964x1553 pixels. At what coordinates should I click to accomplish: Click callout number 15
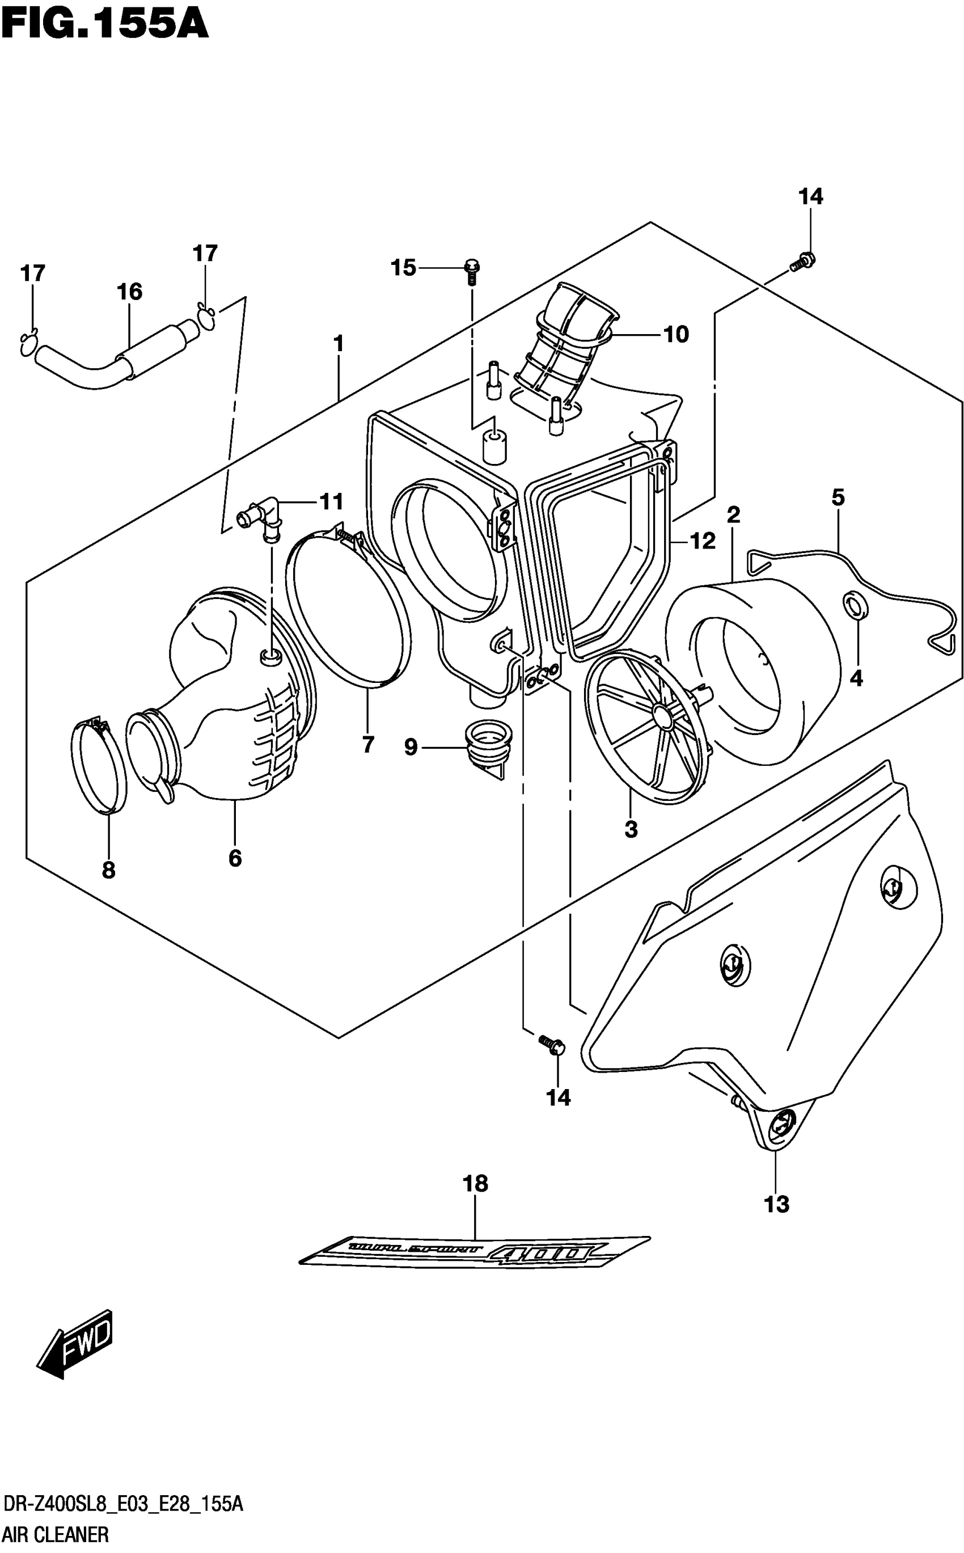click(403, 268)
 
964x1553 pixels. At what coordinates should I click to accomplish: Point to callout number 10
click(676, 334)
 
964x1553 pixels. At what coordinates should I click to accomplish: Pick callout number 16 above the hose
click(129, 292)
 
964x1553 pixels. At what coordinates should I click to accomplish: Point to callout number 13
click(776, 1204)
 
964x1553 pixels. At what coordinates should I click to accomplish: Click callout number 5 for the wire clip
click(838, 497)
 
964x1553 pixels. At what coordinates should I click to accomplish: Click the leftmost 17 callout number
click(32, 273)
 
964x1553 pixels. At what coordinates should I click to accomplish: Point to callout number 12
click(703, 541)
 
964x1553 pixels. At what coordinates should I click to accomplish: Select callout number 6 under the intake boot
click(235, 859)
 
